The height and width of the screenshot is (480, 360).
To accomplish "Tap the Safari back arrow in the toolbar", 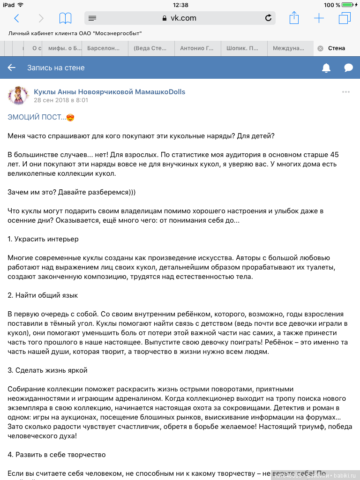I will tap(17, 18).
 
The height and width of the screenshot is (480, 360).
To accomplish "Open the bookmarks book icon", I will tap(65, 18).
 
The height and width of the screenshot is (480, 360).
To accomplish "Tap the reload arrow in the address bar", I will tap(268, 18).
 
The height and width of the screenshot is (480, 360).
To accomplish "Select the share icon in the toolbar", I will tap(294, 18).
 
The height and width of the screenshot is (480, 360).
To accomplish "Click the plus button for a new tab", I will tap(319, 18).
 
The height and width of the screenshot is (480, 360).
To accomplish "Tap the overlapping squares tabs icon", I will tap(345, 18).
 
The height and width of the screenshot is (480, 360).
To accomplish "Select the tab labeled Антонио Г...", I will tap(196, 48).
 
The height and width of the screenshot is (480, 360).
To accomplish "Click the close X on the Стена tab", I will tap(320, 48).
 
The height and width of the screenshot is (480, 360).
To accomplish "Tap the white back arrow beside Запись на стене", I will tap(12, 67).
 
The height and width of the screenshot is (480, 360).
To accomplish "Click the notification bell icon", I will tap(326, 68).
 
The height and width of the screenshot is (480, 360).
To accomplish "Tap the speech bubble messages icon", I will tap(348, 68).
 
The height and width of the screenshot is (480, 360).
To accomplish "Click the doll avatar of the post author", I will tap(18, 96).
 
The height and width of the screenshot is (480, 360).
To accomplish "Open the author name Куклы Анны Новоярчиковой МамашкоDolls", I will tap(109, 92).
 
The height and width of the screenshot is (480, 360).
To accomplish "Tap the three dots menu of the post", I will tap(346, 92).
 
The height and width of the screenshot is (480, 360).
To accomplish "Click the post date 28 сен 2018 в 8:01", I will tap(61, 100).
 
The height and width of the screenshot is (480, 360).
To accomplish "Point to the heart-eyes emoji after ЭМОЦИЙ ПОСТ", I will tap(71, 117).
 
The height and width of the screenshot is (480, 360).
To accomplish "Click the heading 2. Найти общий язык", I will tap(43, 295).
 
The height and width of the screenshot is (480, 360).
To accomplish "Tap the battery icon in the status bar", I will tap(347, 5).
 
